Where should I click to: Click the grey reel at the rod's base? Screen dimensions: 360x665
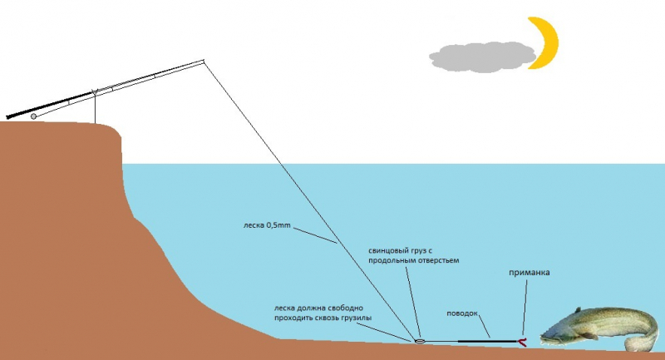point(33,116)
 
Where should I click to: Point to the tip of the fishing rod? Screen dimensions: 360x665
point(203,61)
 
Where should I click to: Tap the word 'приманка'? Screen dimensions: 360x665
point(530,272)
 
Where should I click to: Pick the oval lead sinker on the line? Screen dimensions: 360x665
point(419,341)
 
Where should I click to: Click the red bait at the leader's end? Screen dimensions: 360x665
point(521,341)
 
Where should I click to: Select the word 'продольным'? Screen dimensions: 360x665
point(394,261)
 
